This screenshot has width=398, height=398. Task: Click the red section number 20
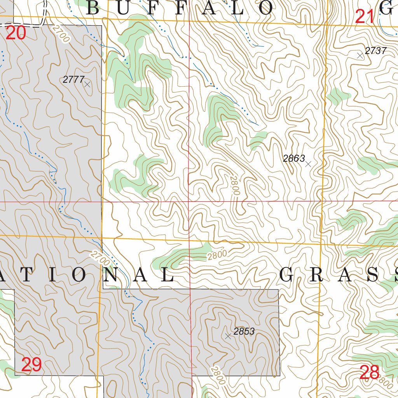(16, 33)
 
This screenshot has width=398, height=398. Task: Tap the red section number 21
(365, 17)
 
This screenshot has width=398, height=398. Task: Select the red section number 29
(31, 365)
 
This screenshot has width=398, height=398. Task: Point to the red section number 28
(370, 373)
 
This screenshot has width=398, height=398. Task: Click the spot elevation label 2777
(73, 80)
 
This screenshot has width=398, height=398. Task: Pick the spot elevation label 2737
(376, 51)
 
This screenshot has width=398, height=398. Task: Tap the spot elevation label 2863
(294, 158)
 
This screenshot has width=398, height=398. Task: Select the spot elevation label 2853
(244, 332)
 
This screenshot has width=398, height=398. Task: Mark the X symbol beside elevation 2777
(87, 84)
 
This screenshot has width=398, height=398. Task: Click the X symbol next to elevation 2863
(308, 164)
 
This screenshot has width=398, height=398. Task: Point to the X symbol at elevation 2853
(228, 336)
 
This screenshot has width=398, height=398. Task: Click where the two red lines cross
(189, 202)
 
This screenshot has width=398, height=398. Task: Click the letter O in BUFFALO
(266, 8)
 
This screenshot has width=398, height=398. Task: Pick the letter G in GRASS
(287, 275)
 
